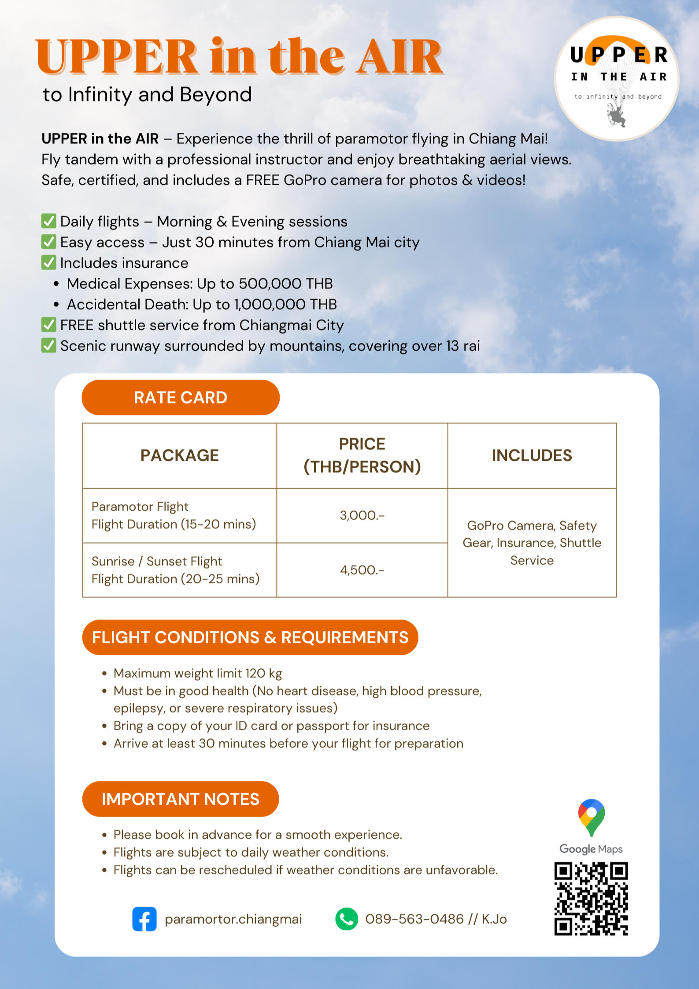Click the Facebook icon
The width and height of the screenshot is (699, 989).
point(144,919)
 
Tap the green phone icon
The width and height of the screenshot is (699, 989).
point(347,919)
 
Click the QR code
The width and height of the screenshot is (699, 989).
point(591,899)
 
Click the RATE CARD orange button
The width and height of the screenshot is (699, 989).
point(181,398)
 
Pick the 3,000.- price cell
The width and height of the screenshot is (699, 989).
point(362,515)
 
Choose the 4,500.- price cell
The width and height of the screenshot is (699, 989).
point(362,570)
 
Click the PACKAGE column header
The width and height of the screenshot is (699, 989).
point(180,455)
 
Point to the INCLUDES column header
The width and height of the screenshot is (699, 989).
point(532,455)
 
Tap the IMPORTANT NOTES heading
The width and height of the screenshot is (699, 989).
point(181,799)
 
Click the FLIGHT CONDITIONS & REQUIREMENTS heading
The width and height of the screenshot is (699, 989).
point(250,638)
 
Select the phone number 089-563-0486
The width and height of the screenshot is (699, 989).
point(414,919)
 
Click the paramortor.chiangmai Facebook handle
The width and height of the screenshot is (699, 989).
point(233,919)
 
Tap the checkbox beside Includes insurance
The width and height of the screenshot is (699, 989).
point(48,263)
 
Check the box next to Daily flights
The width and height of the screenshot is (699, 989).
point(48,221)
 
